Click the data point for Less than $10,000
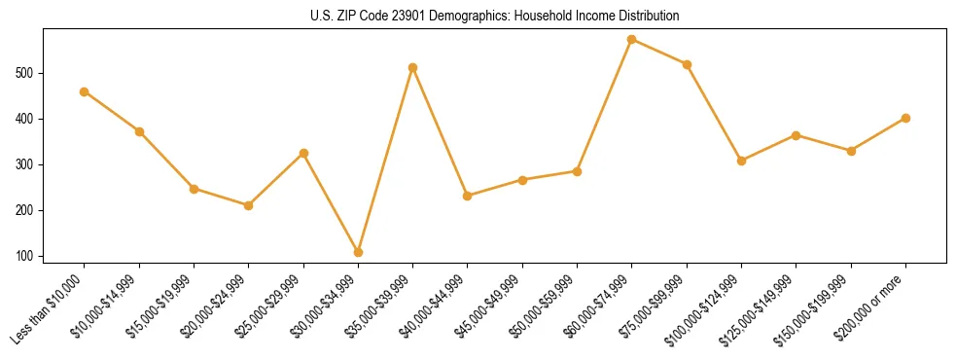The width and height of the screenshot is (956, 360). [x=85, y=91]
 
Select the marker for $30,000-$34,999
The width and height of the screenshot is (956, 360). [x=359, y=252]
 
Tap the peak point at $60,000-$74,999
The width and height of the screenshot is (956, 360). [x=632, y=40]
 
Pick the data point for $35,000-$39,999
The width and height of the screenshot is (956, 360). [x=413, y=67]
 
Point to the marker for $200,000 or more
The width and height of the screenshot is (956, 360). [x=905, y=118]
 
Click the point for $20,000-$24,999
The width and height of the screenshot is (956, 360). [x=249, y=205]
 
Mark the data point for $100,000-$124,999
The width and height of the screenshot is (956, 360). [x=741, y=161]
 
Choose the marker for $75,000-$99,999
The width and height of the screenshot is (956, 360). [x=687, y=64]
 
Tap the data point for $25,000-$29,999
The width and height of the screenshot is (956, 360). [x=303, y=153]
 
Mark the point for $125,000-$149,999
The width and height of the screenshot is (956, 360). [x=797, y=135]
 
